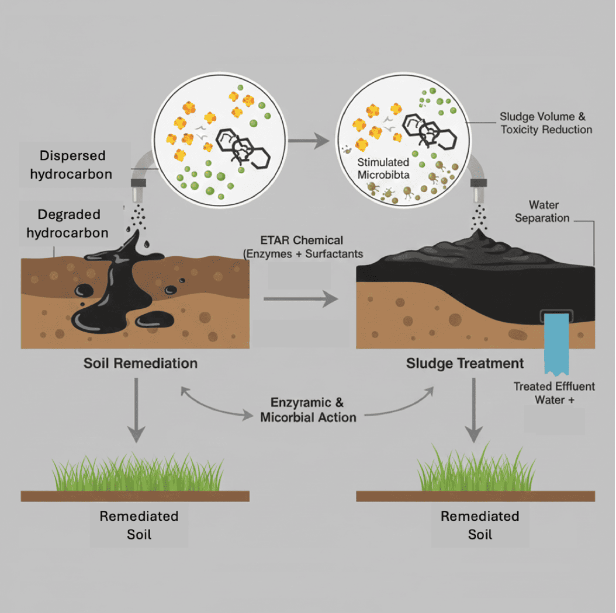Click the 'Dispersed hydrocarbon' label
(x=72, y=165)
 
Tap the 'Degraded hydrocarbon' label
(x=72, y=224)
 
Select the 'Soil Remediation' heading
(x=140, y=363)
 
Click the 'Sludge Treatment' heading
(x=465, y=364)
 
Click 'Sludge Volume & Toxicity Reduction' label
(x=546, y=123)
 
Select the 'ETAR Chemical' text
(x=302, y=241)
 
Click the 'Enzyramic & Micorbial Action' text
(x=307, y=410)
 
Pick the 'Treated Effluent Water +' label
(x=554, y=393)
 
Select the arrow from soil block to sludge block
(x=300, y=299)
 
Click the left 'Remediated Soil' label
(x=139, y=525)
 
